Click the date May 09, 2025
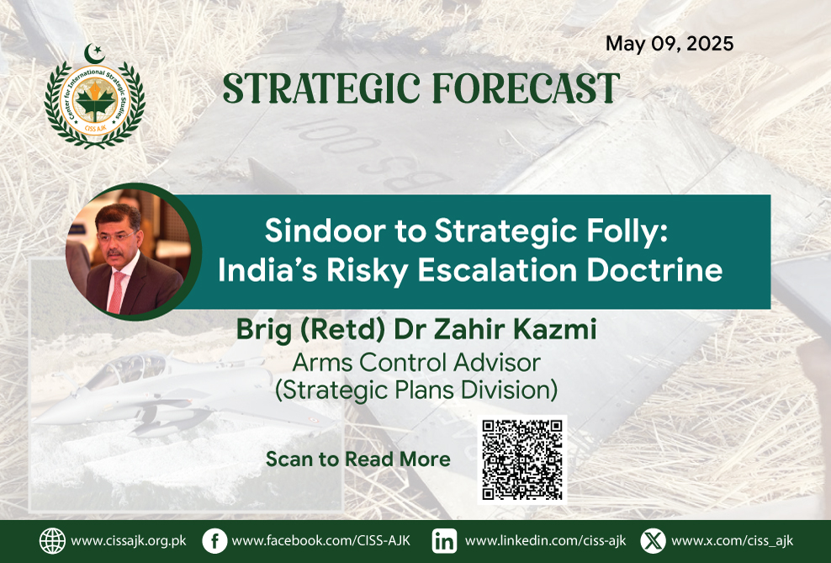(x=670, y=44)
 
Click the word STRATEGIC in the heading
(x=321, y=88)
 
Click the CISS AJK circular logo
(x=95, y=103)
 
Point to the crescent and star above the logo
(x=94, y=53)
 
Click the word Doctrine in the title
(x=654, y=270)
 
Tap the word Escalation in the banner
(x=497, y=270)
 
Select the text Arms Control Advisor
(x=416, y=364)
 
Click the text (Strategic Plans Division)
(x=416, y=390)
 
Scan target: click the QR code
(x=522, y=459)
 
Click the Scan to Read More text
(x=358, y=459)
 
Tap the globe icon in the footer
(x=52, y=541)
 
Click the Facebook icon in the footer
(x=214, y=541)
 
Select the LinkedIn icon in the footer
(x=444, y=541)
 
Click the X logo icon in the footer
(x=653, y=541)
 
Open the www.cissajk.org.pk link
(x=129, y=541)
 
